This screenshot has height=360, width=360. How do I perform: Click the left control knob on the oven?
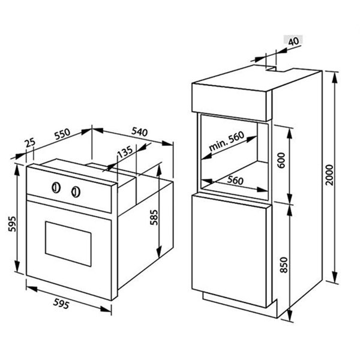coord(56,188)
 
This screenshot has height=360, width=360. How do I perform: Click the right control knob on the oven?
coord(76,192)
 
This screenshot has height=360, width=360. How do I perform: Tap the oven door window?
coord(68,244)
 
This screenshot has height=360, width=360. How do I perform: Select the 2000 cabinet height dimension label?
coord(329,175)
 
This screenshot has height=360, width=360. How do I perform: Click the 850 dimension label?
coord(284,265)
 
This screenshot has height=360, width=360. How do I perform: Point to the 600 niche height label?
coord(281,160)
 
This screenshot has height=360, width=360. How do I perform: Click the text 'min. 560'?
coord(226,141)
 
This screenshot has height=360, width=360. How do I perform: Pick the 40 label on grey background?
coord(293,41)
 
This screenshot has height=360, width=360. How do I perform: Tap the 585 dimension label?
coord(154,217)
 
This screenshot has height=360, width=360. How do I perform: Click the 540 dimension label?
coord(139,132)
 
